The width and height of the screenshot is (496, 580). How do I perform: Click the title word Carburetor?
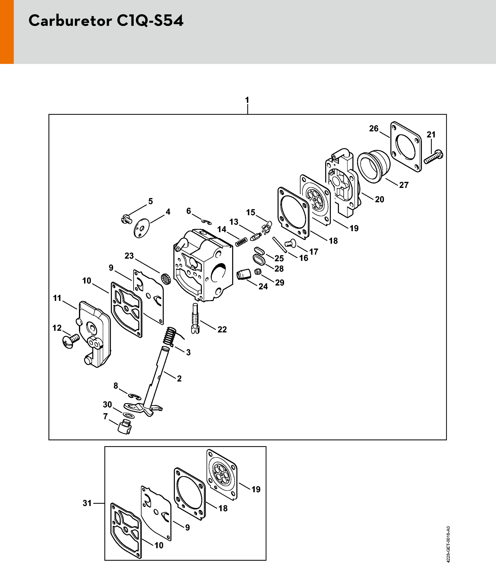70,20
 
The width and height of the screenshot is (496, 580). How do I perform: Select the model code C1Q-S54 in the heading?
150,21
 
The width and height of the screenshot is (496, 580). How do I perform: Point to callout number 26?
373,129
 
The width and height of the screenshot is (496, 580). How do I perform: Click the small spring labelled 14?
241,242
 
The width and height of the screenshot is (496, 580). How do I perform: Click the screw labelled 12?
70,341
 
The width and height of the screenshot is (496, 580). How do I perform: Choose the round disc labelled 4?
142,228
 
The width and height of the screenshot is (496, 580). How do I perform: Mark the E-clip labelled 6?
207,222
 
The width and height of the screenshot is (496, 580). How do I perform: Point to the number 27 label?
404,185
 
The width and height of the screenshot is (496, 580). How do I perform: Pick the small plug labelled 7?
125,426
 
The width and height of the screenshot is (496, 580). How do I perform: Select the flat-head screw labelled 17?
290,243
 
